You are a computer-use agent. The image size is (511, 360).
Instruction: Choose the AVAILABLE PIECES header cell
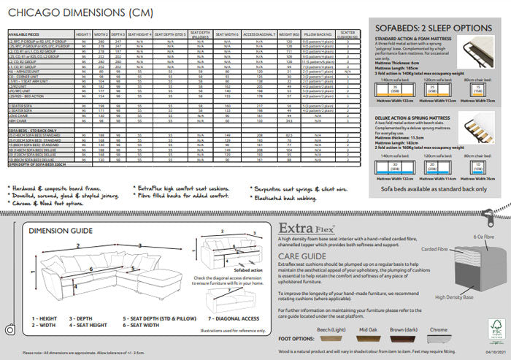click(x=25, y=34)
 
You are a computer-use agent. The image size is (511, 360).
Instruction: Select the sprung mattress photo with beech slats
click(x=477, y=125)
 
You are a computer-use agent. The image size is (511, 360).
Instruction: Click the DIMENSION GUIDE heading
click(x=61, y=210)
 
